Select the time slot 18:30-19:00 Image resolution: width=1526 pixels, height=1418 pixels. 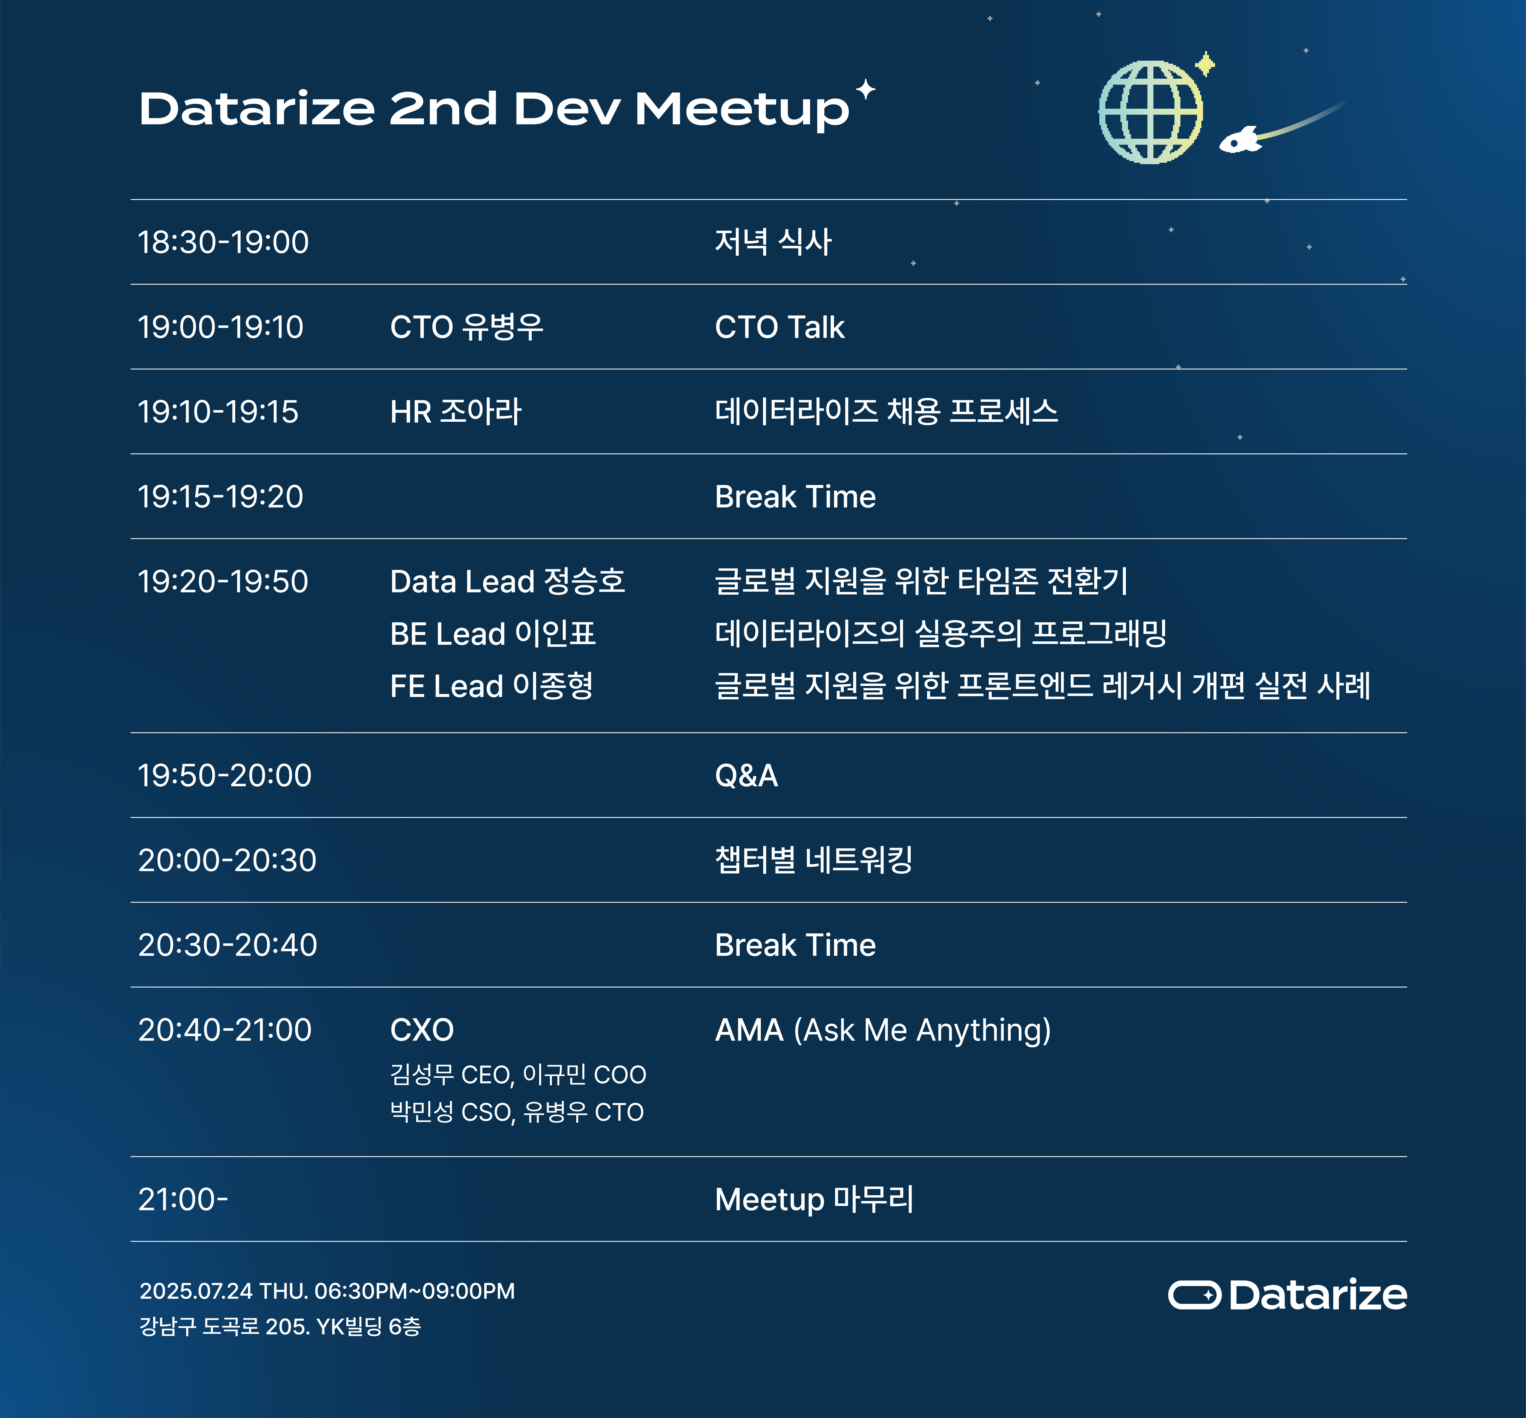(223, 242)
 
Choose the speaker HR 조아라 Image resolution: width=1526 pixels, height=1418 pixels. (456, 412)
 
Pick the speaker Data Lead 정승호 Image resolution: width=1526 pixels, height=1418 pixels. (507, 582)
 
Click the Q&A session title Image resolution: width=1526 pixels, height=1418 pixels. (746, 776)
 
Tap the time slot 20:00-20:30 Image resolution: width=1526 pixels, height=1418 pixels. (227, 860)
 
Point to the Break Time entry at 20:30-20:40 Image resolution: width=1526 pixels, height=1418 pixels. (795, 945)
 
